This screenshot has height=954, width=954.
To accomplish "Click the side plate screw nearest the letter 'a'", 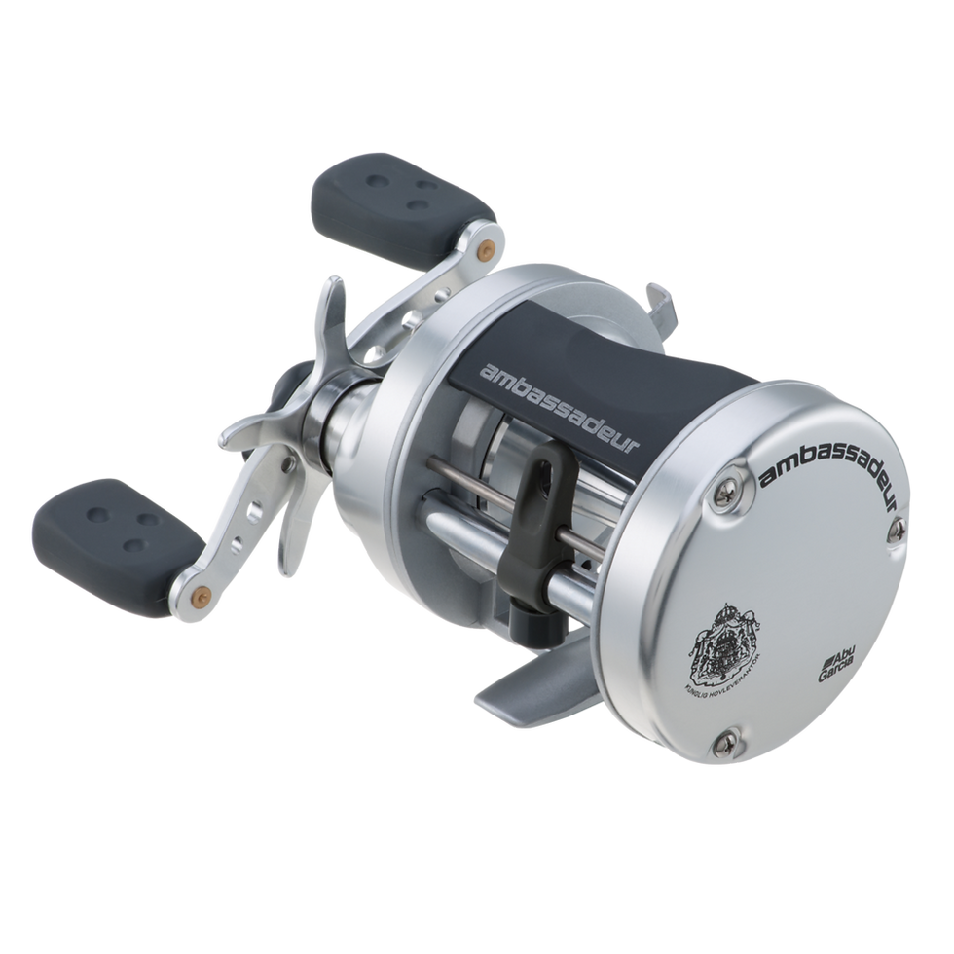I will coord(726,495).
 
